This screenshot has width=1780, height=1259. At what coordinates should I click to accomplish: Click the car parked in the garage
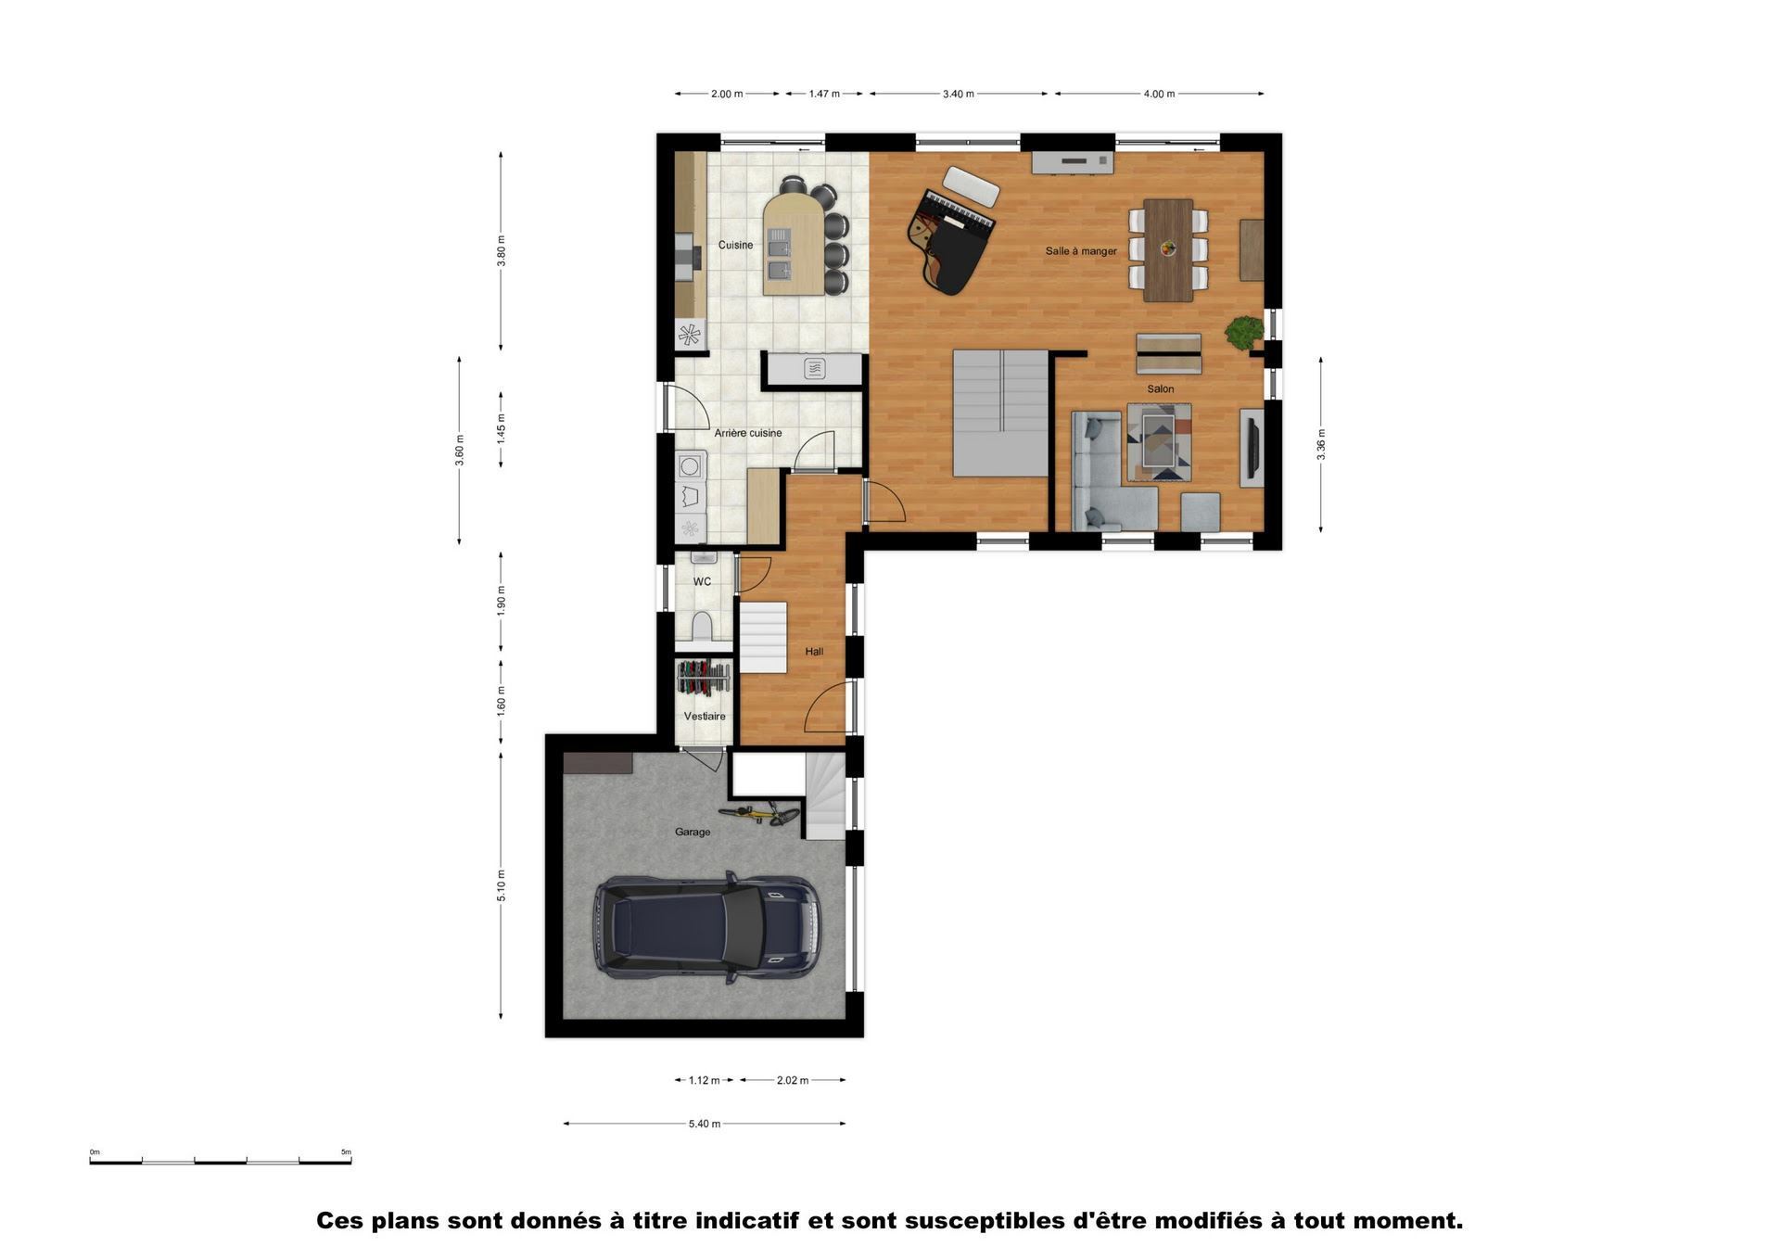[706, 927]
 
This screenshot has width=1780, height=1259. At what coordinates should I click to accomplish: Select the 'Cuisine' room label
[735, 245]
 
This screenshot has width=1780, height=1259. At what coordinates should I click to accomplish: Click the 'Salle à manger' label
[1081, 251]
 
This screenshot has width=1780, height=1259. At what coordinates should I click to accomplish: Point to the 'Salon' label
[1161, 389]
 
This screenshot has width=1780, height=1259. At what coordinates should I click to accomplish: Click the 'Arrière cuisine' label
[748, 433]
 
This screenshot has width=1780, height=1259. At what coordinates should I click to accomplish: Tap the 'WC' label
[702, 582]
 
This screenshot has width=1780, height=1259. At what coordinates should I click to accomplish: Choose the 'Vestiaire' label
[705, 717]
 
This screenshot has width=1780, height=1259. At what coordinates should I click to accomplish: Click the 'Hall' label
[814, 652]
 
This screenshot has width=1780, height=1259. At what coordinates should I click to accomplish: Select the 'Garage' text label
[693, 833]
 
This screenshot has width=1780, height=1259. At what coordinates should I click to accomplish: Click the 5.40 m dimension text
[705, 1124]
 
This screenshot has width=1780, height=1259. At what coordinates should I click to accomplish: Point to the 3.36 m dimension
[1321, 444]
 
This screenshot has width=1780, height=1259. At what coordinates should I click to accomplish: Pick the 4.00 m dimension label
[1159, 94]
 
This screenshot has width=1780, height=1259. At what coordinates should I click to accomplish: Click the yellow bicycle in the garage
[758, 815]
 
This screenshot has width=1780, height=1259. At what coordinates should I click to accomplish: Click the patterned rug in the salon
[1159, 442]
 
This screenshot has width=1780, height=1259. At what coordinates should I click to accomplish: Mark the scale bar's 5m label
[346, 1152]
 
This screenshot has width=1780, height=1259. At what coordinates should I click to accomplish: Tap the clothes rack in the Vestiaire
[704, 678]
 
